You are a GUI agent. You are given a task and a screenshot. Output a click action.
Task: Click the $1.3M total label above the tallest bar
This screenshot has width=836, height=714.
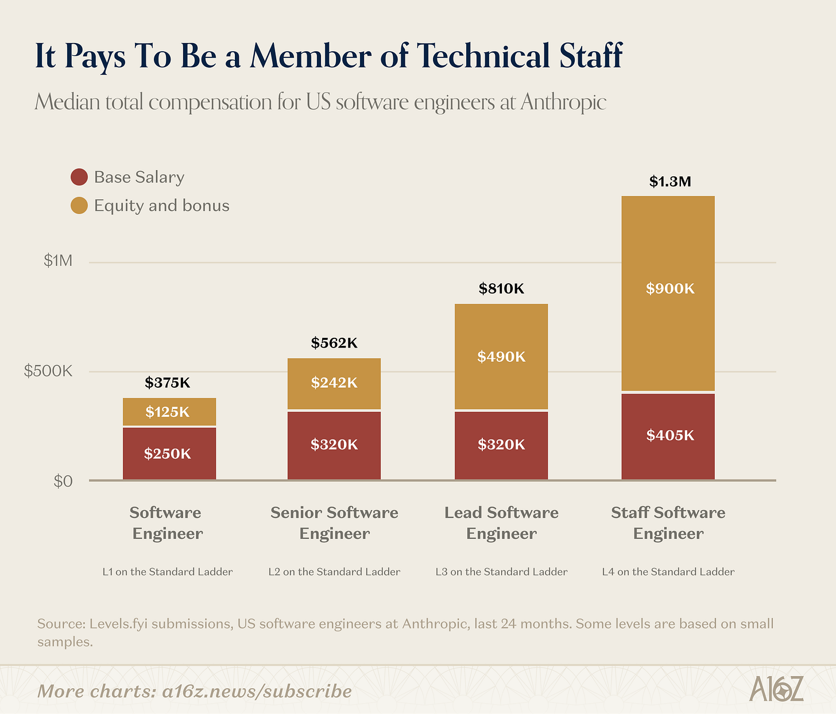point(669,182)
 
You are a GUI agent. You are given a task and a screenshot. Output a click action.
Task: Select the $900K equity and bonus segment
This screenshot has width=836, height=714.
point(668,294)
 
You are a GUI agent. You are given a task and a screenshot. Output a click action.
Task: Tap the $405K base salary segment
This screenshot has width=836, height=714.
point(668,437)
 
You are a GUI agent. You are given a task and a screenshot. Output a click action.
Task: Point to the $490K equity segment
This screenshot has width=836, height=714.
point(501,356)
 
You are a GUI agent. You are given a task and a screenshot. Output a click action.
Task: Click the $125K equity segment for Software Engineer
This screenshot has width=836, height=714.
point(169,412)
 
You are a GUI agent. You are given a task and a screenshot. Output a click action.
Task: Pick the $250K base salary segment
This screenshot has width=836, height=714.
point(169,453)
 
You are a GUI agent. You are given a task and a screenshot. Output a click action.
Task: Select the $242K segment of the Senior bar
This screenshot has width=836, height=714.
point(334,384)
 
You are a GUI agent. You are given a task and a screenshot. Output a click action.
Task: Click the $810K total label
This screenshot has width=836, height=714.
point(501,288)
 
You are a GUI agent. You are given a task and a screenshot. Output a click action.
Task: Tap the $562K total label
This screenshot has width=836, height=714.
point(334,343)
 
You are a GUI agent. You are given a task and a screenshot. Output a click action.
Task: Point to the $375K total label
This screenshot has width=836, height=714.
point(168,383)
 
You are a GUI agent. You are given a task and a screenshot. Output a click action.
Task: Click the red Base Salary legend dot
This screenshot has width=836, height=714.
point(79,177)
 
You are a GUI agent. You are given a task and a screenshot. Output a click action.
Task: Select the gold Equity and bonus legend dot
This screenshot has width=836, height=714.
point(79,206)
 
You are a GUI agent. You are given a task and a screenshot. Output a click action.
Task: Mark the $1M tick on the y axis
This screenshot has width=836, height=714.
point(58,261)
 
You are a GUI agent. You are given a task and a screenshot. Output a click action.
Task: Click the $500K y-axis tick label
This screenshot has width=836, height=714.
point(48,371)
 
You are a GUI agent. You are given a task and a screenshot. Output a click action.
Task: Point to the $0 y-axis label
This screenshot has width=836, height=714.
point(63,481)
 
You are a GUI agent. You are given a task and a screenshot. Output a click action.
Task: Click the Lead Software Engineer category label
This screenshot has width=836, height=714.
point(501,523)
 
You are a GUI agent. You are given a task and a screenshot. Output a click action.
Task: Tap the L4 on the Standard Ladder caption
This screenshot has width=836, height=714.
point(668,572)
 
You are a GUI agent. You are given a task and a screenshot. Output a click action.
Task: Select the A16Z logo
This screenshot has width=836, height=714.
point(776,688)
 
